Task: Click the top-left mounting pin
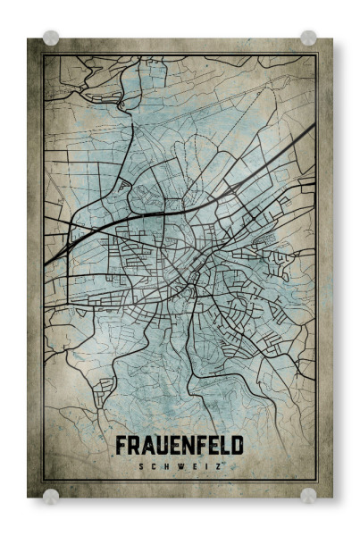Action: pyautogui.click(x=51, y=38)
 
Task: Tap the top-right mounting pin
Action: pyautogui.click(x=308, y=38)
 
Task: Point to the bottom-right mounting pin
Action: pyautogui.click(x=308, y=495)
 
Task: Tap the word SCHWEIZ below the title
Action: pyautogui.click(x=180, y=465)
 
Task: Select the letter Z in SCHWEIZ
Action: pyautogui.click(x=217, y=465)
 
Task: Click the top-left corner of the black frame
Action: pyautogui.click(x=43, y=54)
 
